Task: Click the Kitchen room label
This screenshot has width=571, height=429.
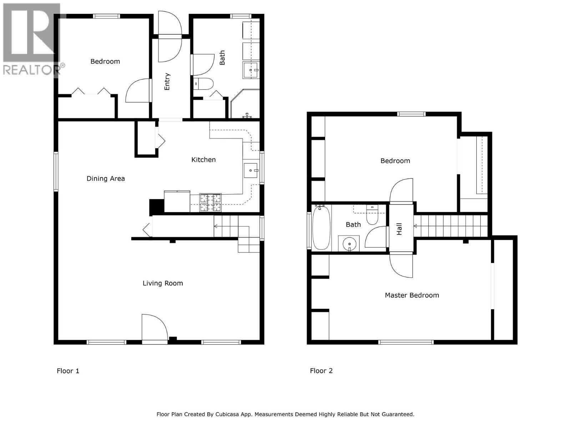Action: tap(203, 160)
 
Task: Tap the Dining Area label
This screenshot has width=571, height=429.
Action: tap(106, 178)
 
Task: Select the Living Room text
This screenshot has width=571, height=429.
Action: tap(163, 283)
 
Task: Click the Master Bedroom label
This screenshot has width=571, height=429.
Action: tap(412, 295)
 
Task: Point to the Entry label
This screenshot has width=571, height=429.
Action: tap(167, 82)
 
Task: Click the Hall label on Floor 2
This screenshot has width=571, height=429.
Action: tap(399, 229)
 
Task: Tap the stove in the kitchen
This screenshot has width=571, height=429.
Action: tap(210, 202)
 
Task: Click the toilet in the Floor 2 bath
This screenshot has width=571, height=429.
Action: tap(372, 215)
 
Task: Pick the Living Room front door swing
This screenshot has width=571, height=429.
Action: tap(153, 327)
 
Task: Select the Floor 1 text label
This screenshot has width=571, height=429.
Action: tap(68, 371)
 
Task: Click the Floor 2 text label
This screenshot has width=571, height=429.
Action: tap(321, 371)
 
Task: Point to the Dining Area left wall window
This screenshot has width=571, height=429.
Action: tap(56, 171)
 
